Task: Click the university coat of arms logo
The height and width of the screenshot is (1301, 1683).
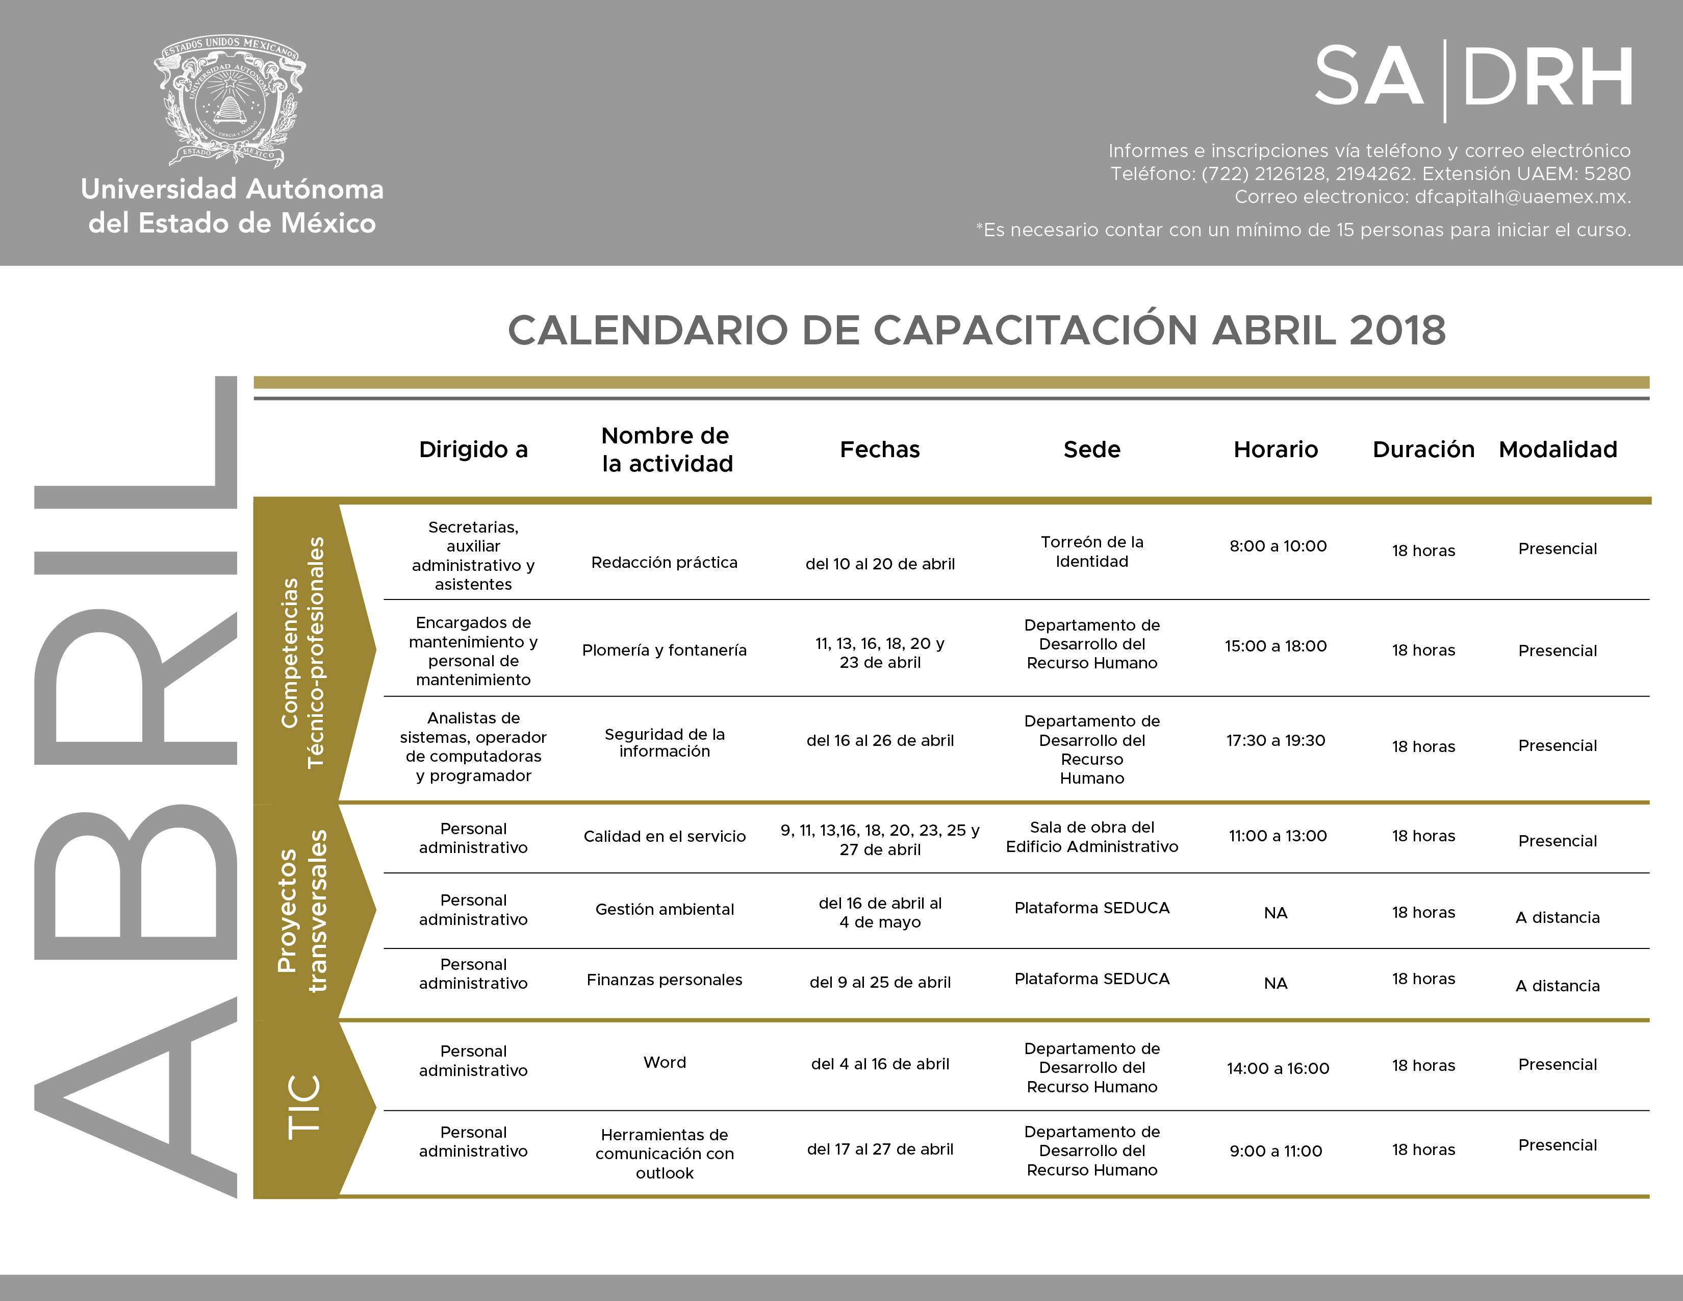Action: pos(229,100)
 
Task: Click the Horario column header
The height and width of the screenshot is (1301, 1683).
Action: pos(1276,449)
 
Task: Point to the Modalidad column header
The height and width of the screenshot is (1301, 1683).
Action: pos(1558,449)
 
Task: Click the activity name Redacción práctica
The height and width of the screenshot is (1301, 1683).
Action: pos(664,563)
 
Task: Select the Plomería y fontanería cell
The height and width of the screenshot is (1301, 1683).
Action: pos(664,651)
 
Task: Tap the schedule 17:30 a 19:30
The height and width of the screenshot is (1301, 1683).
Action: pos(1276,741)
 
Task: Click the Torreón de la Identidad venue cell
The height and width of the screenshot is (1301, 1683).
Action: pos(1092,552)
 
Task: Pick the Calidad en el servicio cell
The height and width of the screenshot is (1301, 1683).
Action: pos(664,836)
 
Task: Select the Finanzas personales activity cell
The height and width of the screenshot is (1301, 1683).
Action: pos(664,980)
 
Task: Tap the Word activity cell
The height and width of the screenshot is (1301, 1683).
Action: pos(664,1063)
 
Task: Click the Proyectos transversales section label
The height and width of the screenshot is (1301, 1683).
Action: pos(302,911)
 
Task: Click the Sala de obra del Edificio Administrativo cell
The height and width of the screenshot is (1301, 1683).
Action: pos(1092,837)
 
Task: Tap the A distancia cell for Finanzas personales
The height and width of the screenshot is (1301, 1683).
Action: pos(1558,986)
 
